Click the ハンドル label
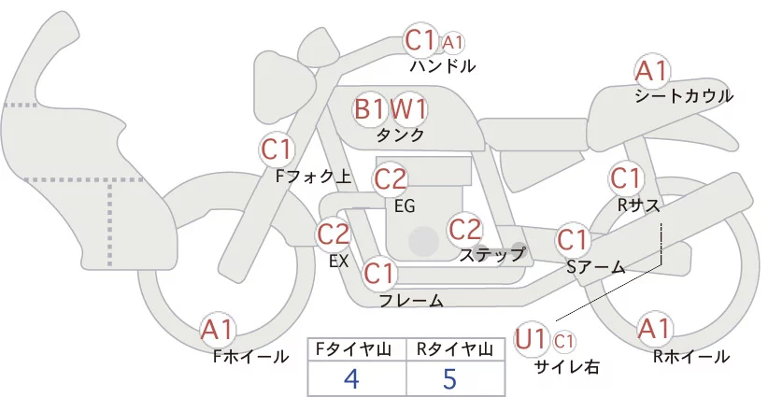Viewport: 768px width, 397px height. (442, 65)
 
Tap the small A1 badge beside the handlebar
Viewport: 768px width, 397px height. (452, 43)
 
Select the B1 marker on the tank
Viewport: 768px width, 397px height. (370, 108)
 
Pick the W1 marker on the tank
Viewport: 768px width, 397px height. (408, 109)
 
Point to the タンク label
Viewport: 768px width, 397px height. (400, 135)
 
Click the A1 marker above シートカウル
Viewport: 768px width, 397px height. (651, 72)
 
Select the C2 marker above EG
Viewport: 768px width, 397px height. (390, 179)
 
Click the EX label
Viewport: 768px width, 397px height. (339, 262)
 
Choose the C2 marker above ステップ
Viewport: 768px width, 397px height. (465, 230)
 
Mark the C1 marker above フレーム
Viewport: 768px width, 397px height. (379, 273)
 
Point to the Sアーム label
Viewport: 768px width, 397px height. (595, 267)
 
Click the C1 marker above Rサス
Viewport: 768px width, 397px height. (626, 178)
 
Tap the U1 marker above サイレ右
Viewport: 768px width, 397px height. (531, 339)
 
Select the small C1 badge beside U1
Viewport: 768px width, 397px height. (564, 341)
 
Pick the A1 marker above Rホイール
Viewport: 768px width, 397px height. (654, 329)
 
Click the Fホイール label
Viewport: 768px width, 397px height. (250, 357)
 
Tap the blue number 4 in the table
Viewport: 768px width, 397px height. (352, 378)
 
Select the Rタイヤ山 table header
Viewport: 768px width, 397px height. (455, 349)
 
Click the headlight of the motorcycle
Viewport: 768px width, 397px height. (284, 87)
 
